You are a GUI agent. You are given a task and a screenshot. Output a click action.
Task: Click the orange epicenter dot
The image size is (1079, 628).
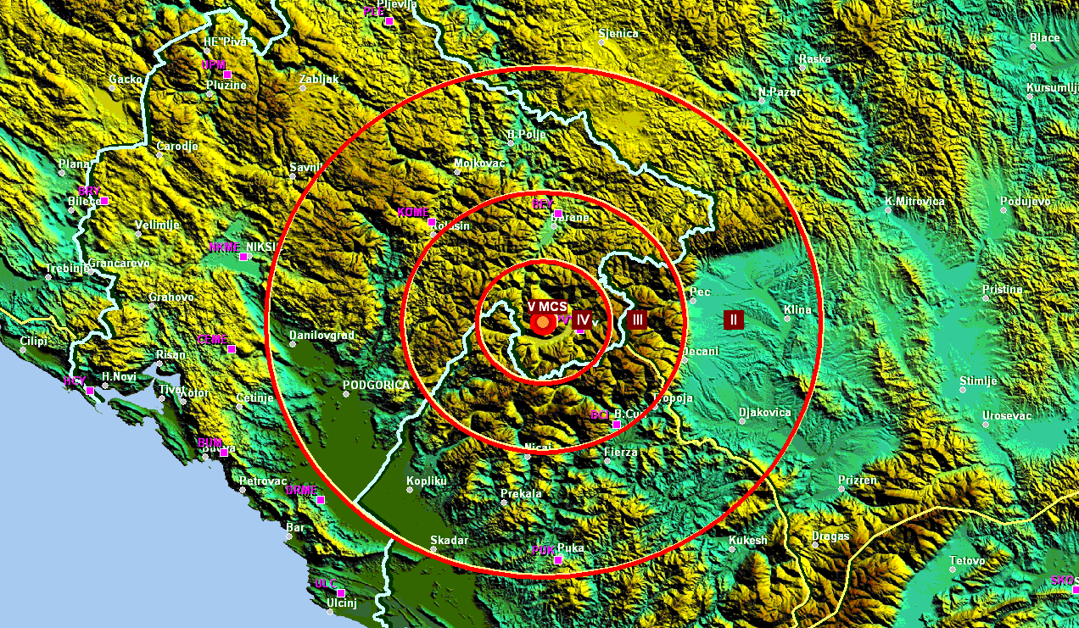pyautogui.click(x=542, y=322)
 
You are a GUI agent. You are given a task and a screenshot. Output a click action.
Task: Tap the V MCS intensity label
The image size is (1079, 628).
pyautogui.click(x=547, y=306)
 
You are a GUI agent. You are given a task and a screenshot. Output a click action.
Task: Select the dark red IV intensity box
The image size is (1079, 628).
pyautogui.click(x=581, y=320)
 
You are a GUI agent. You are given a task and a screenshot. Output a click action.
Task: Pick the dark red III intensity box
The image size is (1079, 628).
pyautogui.click(x=638, y=320)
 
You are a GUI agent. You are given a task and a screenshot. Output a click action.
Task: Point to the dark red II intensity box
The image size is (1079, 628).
pyautogui.click(x=734, y=320)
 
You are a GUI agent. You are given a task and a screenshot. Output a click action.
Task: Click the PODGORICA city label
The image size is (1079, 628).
pyautogui.click(x=376, y=386)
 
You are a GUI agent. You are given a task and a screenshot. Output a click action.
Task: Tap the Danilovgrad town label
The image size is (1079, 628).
pyautogui.click(x=321, y=336)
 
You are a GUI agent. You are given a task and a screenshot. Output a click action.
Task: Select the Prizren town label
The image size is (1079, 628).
pyautogui.click(x=858, y=481)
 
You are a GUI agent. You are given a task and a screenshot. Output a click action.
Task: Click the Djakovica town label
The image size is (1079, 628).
pyautogui.click(x=765, y=413)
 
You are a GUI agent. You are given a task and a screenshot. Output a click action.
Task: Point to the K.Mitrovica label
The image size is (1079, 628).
pyautogui.click(x=914, y=202)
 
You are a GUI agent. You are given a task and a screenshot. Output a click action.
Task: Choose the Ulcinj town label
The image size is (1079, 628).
pyautogui.click(x=342, y=603)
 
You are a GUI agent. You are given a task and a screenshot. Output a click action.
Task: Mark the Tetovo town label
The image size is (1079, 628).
pyautogui.click(x=967, y=561)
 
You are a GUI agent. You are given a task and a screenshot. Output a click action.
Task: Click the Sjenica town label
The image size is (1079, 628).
pyautogui.click(x=618, y=35)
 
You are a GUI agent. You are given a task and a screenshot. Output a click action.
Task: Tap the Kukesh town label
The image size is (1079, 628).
pyautogui.click(x=747, y=541)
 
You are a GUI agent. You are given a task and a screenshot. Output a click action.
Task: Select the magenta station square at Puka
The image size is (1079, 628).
pyautogui.click(x=557, y=560)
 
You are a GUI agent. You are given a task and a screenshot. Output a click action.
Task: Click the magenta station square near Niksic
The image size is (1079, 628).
pyautogui.click(x=243, y=256)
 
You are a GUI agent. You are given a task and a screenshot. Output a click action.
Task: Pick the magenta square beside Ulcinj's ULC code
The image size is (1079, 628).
pyautogui.click(x=341, y=592)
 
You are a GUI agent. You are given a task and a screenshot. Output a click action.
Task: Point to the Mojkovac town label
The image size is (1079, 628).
pyautogui.click(x=479, y=163)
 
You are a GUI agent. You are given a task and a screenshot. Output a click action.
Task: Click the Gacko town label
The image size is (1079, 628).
pyautogui.click(x=126, y=80)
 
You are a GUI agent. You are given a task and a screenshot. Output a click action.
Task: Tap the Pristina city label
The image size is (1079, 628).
pyautogui.click(x=1003, y=289)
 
